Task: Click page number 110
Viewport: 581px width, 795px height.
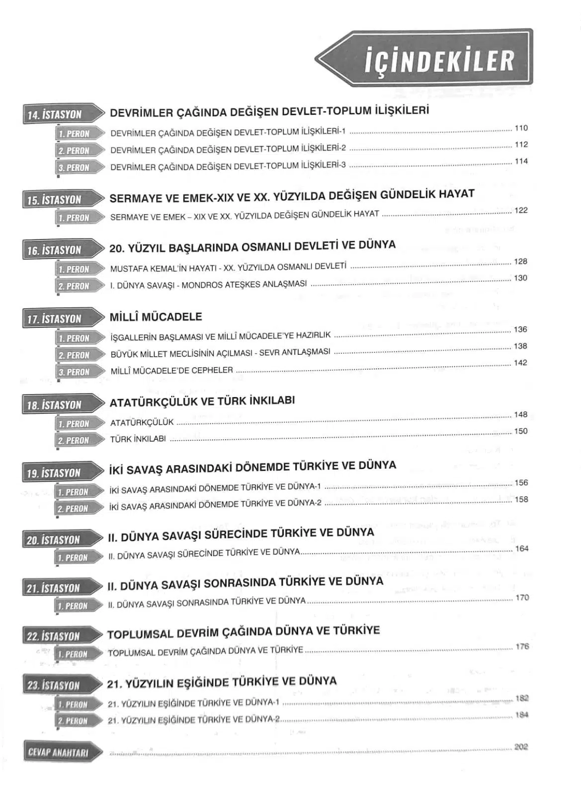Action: point(521,128)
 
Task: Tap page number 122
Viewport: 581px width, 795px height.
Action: point(521,210)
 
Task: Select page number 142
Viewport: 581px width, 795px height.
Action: point(520,363)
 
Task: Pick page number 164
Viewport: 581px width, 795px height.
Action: point(522,549)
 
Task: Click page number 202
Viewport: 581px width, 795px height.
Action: point(521,747)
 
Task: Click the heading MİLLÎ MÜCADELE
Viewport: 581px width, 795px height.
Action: point(156,317)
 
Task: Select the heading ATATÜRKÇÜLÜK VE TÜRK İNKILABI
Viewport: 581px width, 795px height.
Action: point(202,401)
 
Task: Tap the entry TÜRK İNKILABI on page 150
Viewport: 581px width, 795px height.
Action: point(138,439)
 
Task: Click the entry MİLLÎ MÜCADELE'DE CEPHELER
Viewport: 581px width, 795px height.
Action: point(171,371)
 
